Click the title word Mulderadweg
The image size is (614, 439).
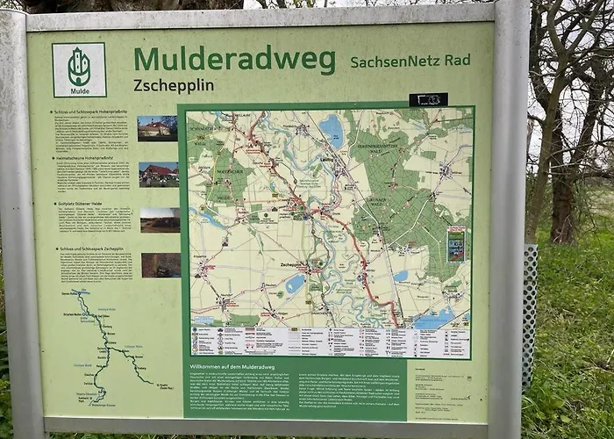(234, 61)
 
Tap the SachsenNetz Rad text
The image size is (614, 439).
(410, 61)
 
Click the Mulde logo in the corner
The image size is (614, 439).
(79, 69)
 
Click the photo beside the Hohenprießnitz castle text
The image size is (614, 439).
(157, 128)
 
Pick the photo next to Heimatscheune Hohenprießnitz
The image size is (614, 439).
(158, 174)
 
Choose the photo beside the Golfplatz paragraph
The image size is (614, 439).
(160, 219)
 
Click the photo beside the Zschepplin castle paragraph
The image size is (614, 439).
(161, 265)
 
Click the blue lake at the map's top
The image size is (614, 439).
(332, 131)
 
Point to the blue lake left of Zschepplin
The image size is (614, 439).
(295, 283)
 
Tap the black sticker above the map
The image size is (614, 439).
(428, 99)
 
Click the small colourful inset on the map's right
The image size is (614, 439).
(456, 244)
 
